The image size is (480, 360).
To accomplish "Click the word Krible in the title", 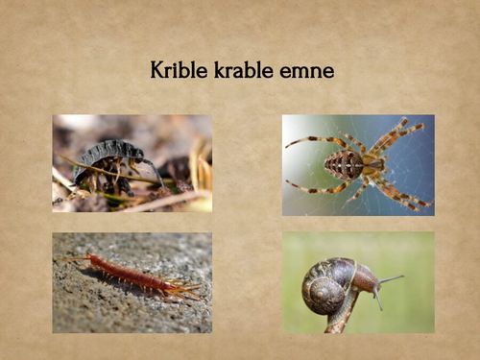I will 176,70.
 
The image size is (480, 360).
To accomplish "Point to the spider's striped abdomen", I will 344,164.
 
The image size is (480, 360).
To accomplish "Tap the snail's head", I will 366,281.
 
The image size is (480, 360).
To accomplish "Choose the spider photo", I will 357,164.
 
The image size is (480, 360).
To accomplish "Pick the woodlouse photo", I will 132,163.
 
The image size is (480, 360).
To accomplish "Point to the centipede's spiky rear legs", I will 188,288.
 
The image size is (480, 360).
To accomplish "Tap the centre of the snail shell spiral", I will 321,288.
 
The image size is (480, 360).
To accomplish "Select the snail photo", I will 357,282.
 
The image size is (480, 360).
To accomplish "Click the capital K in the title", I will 156,70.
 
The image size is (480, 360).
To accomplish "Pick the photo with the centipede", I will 132,282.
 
